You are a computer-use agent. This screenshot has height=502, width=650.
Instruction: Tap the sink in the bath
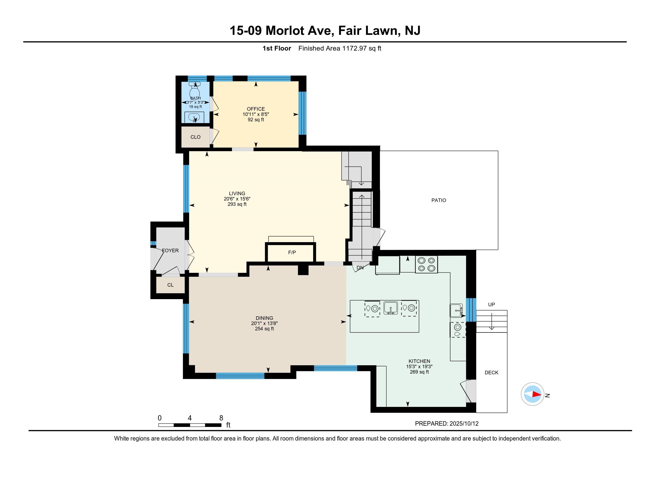195,118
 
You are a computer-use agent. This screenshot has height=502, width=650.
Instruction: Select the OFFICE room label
256,109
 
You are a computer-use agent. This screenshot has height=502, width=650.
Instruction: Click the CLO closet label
196,137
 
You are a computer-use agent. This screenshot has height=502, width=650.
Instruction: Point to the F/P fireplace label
292,252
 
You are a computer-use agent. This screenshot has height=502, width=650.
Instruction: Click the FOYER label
170,250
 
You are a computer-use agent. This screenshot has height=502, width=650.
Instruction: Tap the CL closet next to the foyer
170,285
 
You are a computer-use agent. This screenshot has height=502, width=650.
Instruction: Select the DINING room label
264,318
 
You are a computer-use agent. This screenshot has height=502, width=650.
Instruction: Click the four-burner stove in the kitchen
426,264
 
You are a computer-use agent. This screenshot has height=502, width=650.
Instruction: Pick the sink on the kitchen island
391,308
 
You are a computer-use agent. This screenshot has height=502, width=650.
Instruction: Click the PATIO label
439,201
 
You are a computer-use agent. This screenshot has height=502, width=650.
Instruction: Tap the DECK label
491,373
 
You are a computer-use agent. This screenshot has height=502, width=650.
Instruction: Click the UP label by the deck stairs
491,304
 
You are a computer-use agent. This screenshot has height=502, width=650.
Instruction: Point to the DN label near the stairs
360,268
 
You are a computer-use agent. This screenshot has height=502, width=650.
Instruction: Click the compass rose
532,394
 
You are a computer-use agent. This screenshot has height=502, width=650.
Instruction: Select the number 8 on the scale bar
221,418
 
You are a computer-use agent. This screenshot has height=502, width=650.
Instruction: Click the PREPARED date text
447,423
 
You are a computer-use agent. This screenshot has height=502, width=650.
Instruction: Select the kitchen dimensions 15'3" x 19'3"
419,367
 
